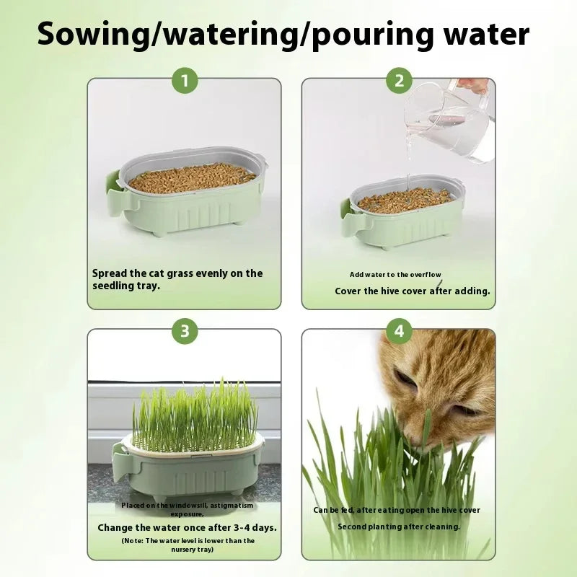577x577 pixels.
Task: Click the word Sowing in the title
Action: [92, 34]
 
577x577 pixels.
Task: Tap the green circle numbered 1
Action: [185, 81]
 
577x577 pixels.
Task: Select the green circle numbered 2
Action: [399, 81]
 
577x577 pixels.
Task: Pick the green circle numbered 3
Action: [185, 331]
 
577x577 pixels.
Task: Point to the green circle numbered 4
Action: [399, 331]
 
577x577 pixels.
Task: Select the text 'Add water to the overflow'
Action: [395, 275]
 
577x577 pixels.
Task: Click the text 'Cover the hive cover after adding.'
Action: [412, 291]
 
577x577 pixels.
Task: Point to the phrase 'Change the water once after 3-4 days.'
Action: [187, 527]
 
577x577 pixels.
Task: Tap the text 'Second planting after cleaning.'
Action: [398, 527]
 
